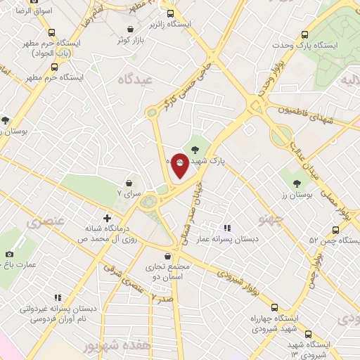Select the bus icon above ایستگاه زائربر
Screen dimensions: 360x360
point(170,13)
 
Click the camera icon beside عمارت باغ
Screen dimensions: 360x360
point(9,254)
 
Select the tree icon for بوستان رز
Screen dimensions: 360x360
point(297,183)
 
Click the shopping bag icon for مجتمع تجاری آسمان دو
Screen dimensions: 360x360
point(167,257)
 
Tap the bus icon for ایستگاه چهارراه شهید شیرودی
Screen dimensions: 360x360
point(274,307)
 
